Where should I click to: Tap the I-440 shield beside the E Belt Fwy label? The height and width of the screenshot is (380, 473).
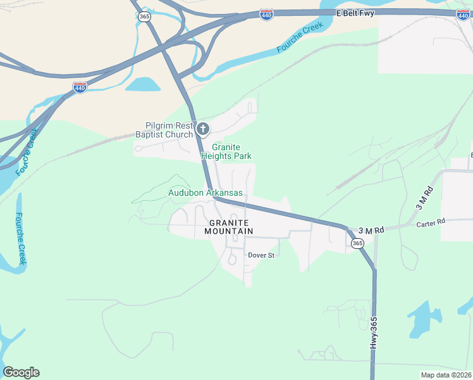(266, 14)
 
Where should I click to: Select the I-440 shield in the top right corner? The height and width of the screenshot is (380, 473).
(463, 14)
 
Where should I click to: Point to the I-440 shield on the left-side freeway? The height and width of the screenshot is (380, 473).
(80, 87)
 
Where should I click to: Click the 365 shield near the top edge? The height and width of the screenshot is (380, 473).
(145, 16)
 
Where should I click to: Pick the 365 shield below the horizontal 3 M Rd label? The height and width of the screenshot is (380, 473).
(357, 243)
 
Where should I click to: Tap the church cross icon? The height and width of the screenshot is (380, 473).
(203, 130)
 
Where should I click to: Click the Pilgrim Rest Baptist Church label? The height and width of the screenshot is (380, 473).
(164, 130)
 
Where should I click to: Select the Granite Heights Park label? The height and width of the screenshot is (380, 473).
(226, 151)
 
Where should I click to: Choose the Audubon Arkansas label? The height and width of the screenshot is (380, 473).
(206, 193)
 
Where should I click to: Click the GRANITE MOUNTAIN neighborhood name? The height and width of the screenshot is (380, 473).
(228, 227)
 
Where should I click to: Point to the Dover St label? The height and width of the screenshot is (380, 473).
(261, 255)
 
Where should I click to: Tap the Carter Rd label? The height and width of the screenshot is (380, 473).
(431, 222)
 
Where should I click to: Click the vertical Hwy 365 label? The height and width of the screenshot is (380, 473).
(374, 332)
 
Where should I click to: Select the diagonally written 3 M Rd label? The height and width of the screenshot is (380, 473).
(423, 198)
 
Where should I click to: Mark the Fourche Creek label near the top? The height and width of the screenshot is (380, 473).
(300, 37)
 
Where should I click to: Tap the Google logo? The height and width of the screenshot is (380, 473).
(21, 372)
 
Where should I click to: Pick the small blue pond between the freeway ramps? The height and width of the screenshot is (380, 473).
(143, 85)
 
